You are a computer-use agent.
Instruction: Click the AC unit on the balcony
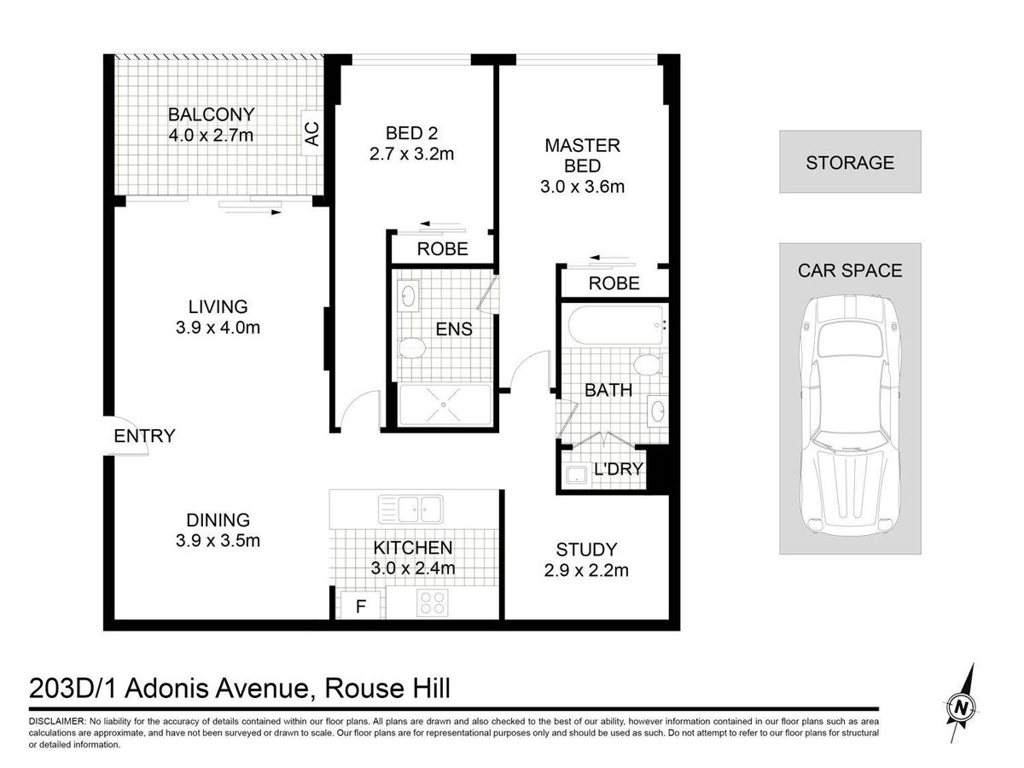[311, 133]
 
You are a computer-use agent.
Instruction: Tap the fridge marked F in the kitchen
[361, 606]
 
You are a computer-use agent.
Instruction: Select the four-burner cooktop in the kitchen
[433, 602]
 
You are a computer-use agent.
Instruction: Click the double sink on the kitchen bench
[410, 509]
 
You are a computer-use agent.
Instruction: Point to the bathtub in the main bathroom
[615, 325]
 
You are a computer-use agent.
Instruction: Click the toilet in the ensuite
[411, 348]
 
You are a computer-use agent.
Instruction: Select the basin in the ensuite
[408, 295]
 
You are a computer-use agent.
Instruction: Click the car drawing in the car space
[850, 415]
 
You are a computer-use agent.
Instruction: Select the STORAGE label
[850, 163]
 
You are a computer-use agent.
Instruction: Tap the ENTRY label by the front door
[144, 436]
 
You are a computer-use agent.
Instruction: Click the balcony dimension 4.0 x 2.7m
[211, 136]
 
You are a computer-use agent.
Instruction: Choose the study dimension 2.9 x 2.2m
[586, 570]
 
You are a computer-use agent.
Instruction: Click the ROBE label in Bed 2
[442, 249]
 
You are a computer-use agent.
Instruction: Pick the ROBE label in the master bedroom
[614, 283]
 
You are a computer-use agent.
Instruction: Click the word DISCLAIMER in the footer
[57, 721]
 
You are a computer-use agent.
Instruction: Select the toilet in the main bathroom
[649, 364]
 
